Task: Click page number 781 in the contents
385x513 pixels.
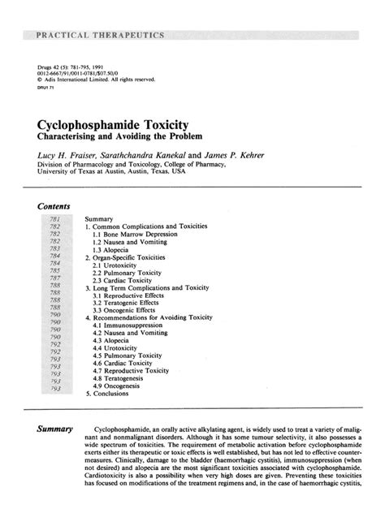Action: click(x=55, y=219)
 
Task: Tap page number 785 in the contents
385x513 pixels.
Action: click(x=55, y=271)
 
